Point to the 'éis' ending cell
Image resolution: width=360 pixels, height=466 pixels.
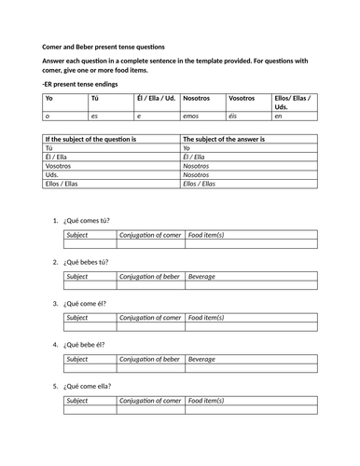click(236, 117)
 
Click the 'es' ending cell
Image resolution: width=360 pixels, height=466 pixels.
click(94, 117)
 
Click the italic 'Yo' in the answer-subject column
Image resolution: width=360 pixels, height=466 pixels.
click(187, 147)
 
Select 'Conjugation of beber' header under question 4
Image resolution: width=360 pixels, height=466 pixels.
click(150, 359)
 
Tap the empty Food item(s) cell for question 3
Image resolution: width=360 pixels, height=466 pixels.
click(251, 327)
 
